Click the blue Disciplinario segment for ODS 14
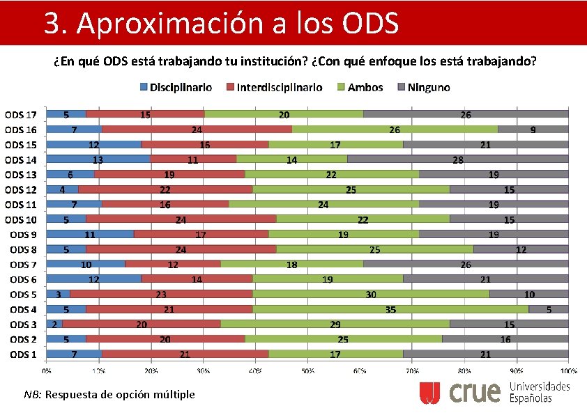tap(98, 159)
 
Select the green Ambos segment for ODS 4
tap(390, 309)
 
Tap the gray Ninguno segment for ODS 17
tap(465, 114)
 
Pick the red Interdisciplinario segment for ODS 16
tap(197, 129)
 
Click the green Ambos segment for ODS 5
tap(371, 295)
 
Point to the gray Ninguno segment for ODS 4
tap(549, 309)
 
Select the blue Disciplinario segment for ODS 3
tap(54, 324)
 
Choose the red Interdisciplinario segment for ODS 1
tap(185, 354)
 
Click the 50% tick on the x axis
tap(307, 370)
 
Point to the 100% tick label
tap(568, 370)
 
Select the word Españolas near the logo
tap(531, 398)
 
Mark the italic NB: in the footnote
tap(33, 395)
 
